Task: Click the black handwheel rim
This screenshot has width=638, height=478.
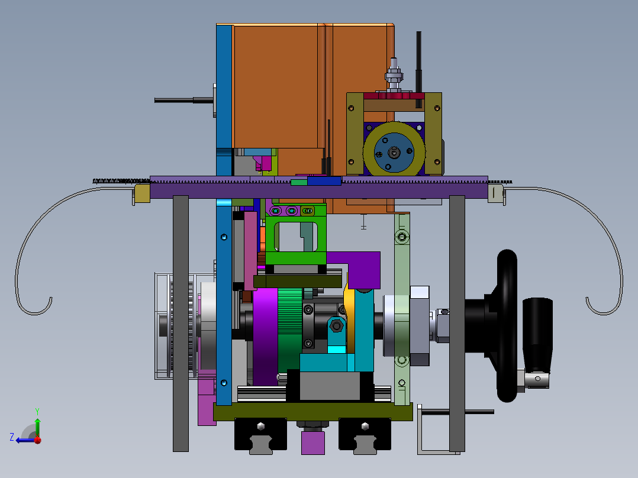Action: (x=507, y=325)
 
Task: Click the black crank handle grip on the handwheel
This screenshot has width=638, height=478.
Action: (x=537, y=334)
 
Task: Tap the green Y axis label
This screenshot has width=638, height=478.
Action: (x=37, y=411)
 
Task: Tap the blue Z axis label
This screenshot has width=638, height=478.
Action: (x=12, y=437)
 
